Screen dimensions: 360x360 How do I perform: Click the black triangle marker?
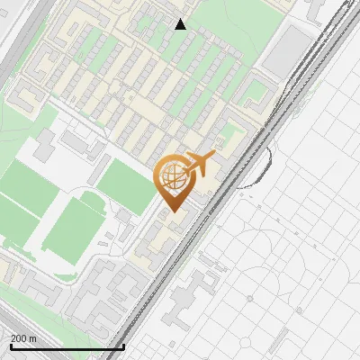click(x=181, y=24)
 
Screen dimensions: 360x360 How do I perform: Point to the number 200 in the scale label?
click(x=20, y=338)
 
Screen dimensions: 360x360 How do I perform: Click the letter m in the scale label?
click(x=34, y=338)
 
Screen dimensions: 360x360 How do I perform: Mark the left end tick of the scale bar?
click(x=10, y=346)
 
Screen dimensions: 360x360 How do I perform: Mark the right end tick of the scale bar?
click(x=123, y=346)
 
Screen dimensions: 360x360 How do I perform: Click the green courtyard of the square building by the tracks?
click(x=258, y=90)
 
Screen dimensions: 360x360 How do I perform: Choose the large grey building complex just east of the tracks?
click(x=189, y=301)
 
